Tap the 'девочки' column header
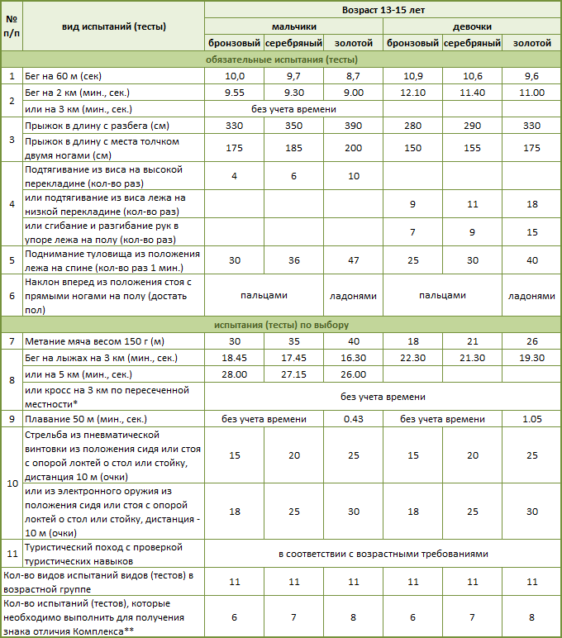tap(471, 26)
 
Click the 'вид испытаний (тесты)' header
tap(114, 26)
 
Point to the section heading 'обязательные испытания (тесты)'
tap(281, 60)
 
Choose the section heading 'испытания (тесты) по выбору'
tap(281, 324)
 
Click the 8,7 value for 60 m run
tap(354, 76)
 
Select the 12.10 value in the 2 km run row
tap(413, 93)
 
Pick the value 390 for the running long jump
tap(354, 126)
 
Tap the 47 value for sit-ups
tap(354, 260)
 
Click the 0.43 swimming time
tap(354, 418)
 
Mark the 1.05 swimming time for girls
tap(532, 418)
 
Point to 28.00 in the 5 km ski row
tap(235, 374)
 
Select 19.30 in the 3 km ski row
tap(532, 357)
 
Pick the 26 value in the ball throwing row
tap(532, 340)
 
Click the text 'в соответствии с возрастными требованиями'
tap(383, 553)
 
